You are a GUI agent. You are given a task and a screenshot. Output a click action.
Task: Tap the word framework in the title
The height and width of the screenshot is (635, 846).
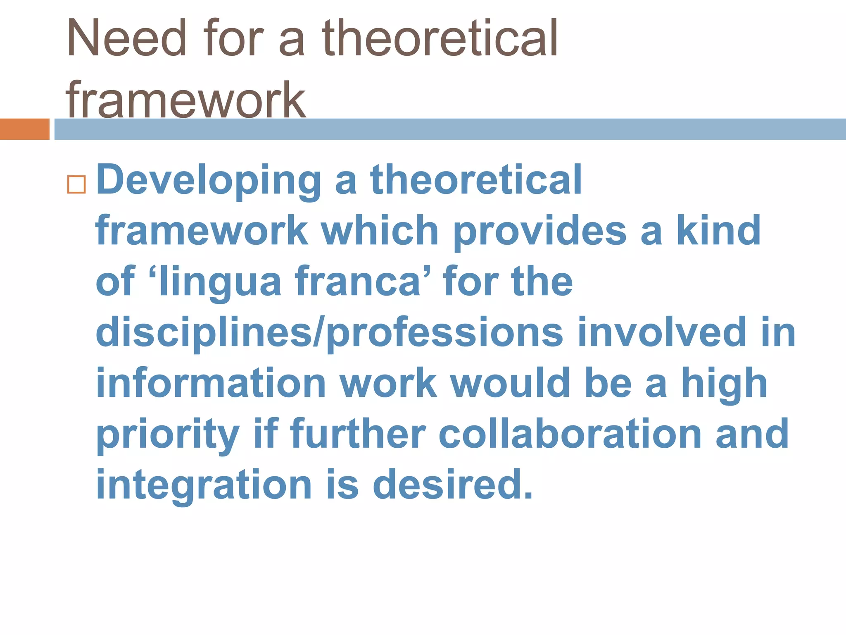(186, 99)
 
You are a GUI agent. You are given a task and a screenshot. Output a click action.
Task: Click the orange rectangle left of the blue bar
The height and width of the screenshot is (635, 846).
(25, 129)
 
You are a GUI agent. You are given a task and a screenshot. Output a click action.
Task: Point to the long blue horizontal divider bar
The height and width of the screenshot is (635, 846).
(450, 129)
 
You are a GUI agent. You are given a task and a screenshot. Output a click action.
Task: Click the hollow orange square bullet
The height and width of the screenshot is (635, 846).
(76, 184)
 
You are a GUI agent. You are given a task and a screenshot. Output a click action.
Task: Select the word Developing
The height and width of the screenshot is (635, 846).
(209, 180)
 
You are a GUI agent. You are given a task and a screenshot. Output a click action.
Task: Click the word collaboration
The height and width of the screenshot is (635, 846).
(570, 434)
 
